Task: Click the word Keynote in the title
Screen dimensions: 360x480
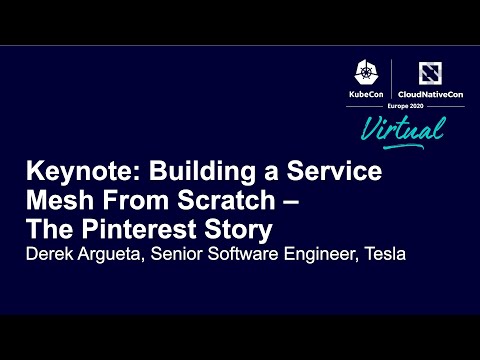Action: pyautogui.click(x=65, y=171)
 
